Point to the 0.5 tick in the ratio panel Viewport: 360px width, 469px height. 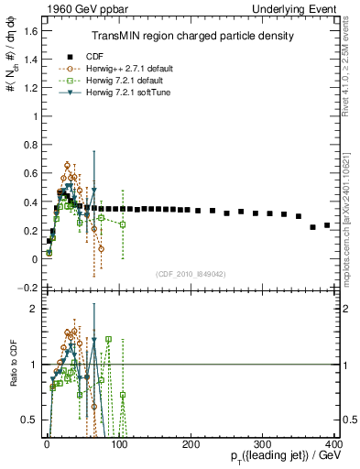pos(29,420)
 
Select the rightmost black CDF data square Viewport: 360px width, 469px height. pos(327,224)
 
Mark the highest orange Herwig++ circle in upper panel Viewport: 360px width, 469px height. pos(67,166)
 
